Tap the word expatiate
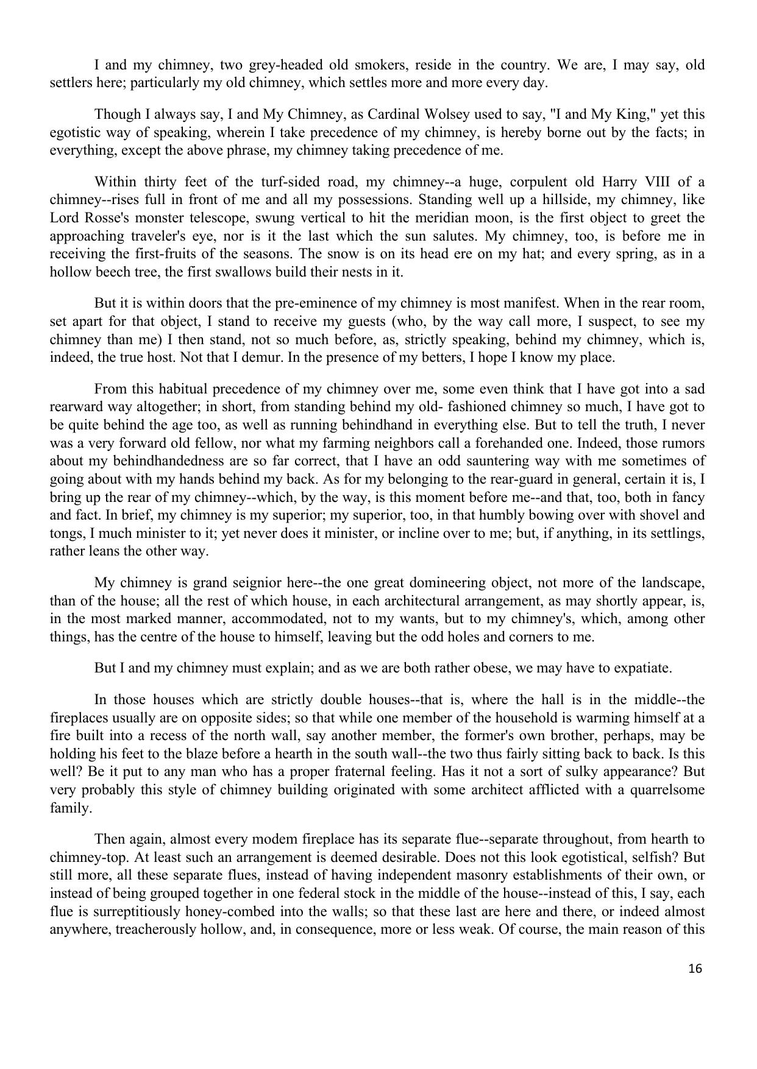point(641,668)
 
